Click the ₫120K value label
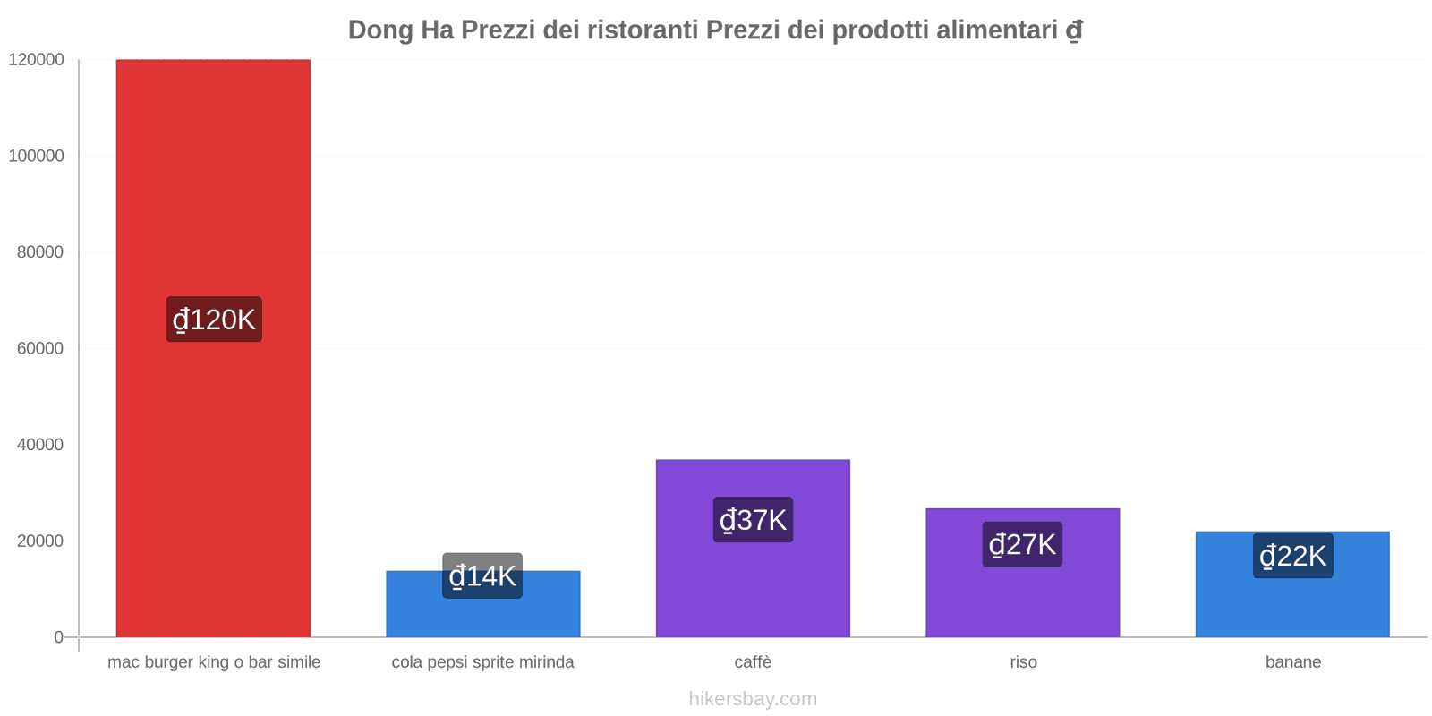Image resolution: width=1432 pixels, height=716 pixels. (214, 320)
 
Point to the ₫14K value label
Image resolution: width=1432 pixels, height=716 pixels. (482, 575)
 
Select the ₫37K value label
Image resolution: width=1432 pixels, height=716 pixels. (753, 520)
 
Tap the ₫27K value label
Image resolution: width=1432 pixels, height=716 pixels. (1022, 544)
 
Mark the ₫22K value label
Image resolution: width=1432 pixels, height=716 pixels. (1292, 556)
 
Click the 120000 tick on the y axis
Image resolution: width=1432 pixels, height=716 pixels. (37, 60)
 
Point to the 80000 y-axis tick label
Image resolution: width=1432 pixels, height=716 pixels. (40, 252)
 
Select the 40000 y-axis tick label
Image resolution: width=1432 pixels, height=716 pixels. (40, 445)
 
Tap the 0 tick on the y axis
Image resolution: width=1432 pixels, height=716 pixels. (58, 637)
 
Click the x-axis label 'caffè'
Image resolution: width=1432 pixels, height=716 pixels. (753, 662)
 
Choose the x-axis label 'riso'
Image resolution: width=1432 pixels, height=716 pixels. (1023, 662)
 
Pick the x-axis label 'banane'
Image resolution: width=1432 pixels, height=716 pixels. (1292, 662)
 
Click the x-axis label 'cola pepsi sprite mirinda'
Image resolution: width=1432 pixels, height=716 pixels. (482, 662)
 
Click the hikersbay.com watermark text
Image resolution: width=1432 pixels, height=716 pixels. (753, 699)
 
